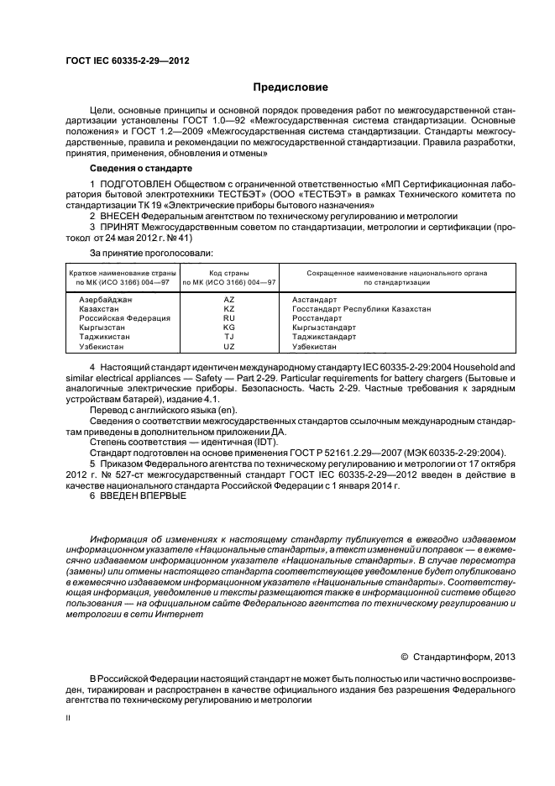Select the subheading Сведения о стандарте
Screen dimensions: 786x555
pyautogui.click(x=140, y=168)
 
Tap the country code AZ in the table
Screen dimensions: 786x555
pyautogui.click(x=228, y=299)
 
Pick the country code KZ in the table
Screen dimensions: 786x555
pyautogui.click(x=228, y=309)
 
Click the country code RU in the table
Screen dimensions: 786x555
pyautogui.click(x=228, y=318)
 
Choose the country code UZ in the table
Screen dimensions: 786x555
pyautogui.click(x=228, y=346)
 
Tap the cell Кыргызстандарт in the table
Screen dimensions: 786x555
pyautogui.click(x=324, y=327)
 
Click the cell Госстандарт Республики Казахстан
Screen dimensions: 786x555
pyautogui.click(x=361, y=309)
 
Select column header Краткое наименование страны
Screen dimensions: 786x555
pyautogui.click(x=118, y=273)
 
